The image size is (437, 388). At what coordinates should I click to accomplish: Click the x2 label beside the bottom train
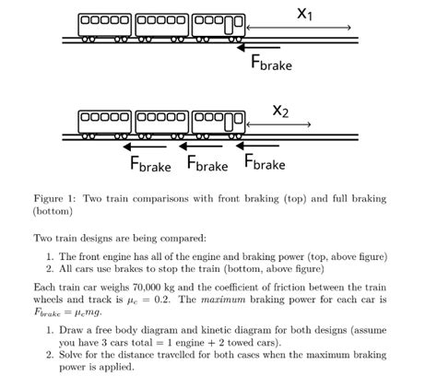coord(281,112)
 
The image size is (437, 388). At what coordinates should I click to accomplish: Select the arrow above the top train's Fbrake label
coord(262,46)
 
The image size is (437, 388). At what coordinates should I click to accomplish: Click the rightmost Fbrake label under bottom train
coord(264,164)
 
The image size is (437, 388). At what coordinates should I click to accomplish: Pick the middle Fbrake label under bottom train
coord(207,165)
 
